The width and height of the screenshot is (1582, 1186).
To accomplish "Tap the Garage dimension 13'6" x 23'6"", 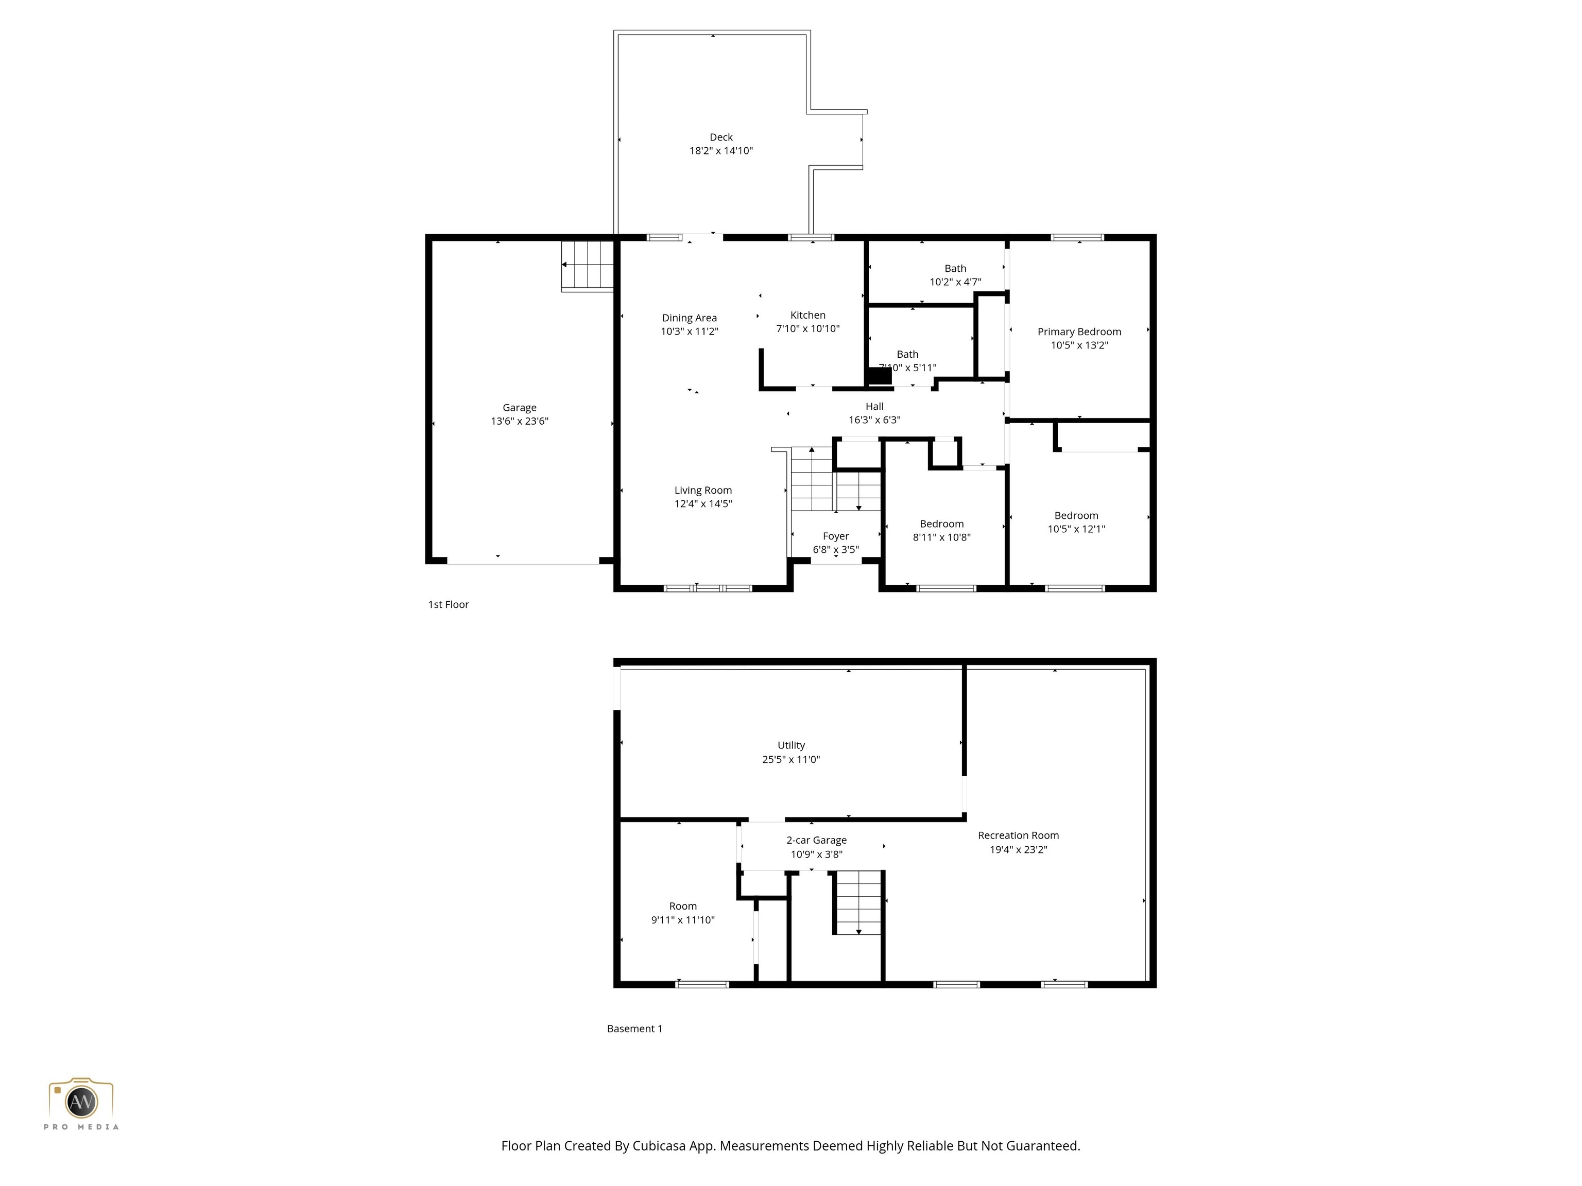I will pos(519,421).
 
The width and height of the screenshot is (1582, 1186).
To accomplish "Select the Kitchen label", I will pos(807,315).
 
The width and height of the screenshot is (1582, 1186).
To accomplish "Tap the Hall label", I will pos(874,407).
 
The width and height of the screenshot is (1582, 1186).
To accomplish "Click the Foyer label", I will pos(835,536).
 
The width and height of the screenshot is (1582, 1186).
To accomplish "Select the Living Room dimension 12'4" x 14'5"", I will pos(703,504).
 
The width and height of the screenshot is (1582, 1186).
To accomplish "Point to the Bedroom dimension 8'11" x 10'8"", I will pos(941,537).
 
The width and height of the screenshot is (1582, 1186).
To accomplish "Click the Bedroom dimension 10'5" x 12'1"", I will pos(1076,530).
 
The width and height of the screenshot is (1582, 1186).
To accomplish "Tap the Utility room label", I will pos(791,745).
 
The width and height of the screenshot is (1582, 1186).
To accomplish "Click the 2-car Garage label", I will pos(816,840).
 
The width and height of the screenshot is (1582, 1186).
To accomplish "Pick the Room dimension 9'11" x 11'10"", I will pos(682,920).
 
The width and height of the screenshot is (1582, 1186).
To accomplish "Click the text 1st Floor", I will pos(449,605).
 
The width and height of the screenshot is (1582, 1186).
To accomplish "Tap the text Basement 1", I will pos(634,1028).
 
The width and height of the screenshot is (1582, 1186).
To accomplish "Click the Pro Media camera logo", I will pos(81,1101).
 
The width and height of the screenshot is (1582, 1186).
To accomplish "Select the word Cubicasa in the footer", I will pos(659,1146).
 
